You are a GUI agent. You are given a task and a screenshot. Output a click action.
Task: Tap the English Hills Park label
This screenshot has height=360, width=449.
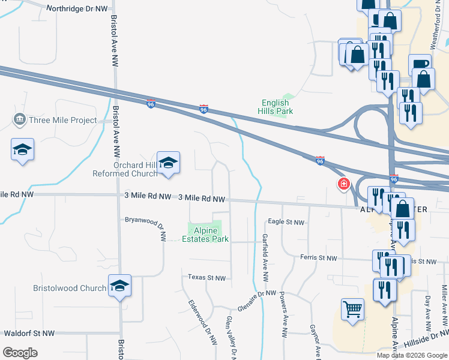276,107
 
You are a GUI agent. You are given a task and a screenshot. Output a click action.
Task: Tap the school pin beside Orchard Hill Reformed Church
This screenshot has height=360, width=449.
169,163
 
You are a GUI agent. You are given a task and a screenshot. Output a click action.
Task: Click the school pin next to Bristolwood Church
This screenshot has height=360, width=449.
119,287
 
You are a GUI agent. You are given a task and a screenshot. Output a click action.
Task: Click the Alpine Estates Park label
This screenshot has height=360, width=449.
205,235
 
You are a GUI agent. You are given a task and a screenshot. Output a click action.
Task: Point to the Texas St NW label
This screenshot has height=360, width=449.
206,278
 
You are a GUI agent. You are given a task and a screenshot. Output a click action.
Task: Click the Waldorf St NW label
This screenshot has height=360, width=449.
29,333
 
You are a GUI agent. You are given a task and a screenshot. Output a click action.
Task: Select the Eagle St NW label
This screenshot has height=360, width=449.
286,222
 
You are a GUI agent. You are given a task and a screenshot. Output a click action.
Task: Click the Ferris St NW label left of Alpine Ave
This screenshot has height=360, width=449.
319,257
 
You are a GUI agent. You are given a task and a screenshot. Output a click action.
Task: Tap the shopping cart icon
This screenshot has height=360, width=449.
352,310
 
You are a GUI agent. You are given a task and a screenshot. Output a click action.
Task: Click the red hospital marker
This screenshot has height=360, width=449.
343,184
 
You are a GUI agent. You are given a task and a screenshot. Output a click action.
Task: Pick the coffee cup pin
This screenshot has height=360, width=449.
420,64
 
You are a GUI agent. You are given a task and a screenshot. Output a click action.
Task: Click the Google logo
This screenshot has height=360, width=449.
20,353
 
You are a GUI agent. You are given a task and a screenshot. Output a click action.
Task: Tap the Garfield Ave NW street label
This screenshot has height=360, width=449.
265,258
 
